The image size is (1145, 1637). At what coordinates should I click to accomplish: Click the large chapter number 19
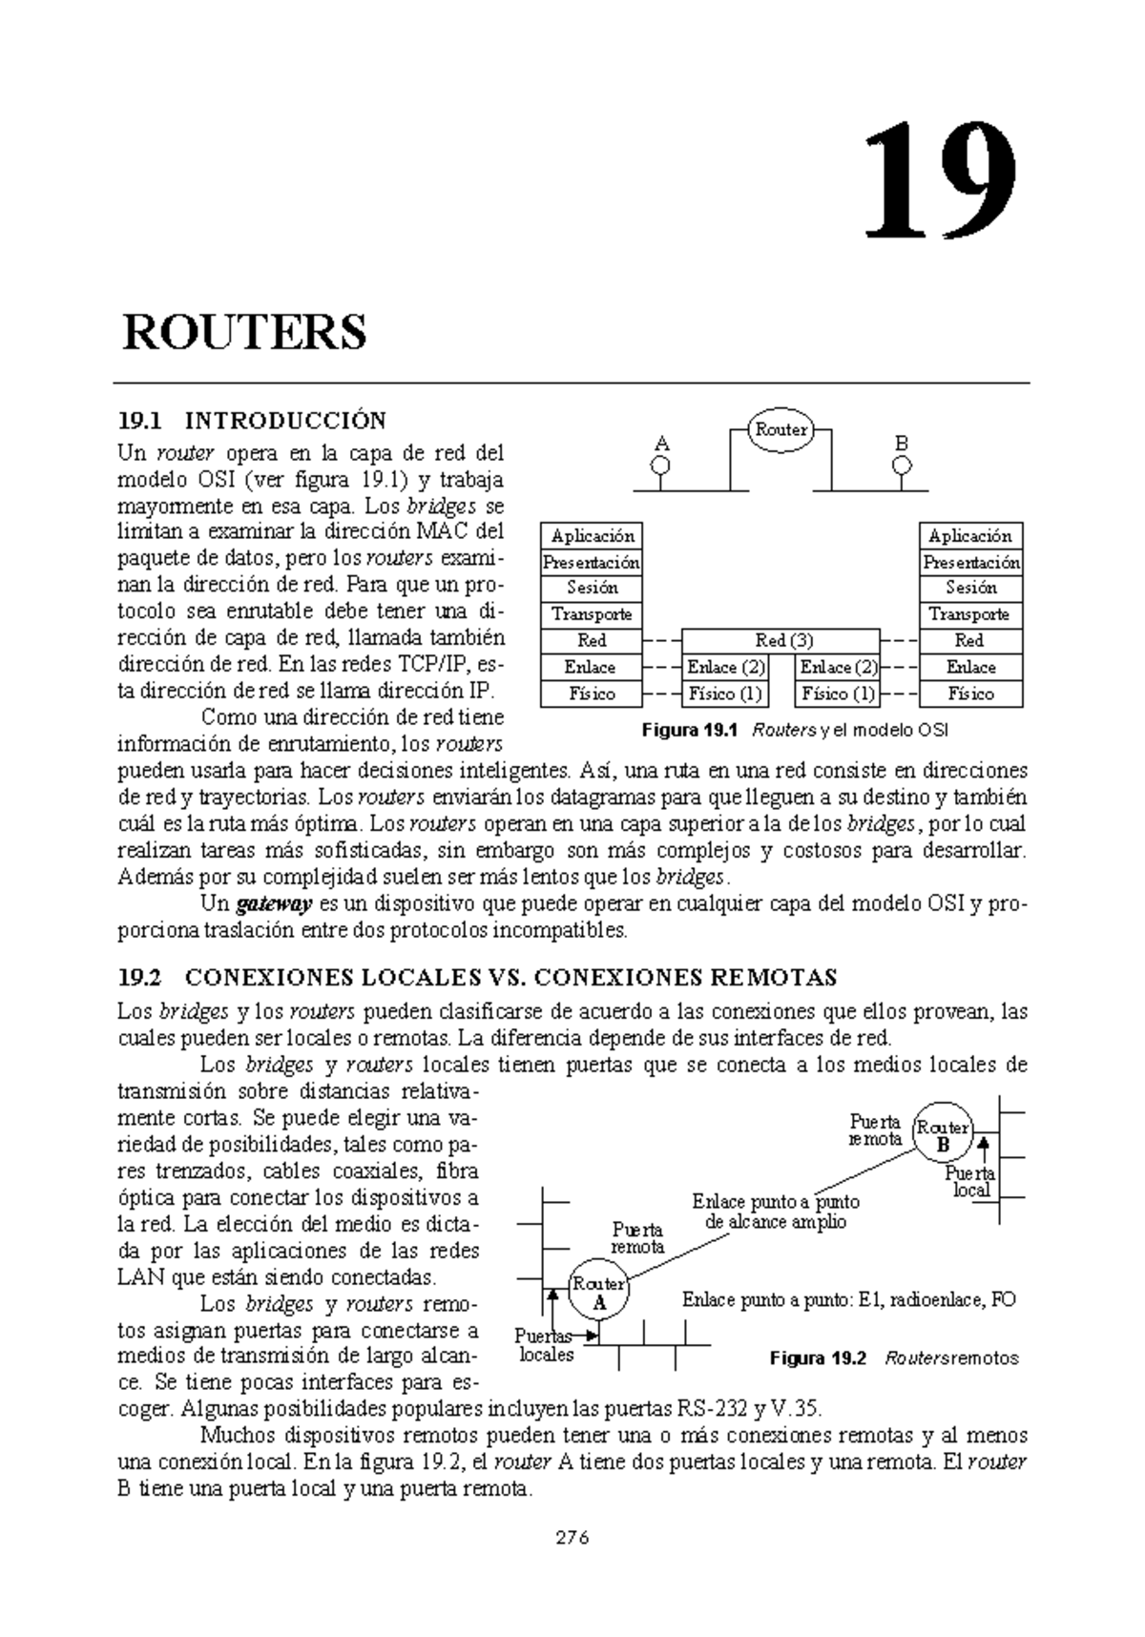(x=940, y=182)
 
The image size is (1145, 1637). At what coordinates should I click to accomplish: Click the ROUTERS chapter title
(x=244, y=333)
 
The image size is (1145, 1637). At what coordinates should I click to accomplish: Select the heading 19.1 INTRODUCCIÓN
(x=252, y=421)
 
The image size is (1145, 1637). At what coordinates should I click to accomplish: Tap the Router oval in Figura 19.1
(x=781, y=430)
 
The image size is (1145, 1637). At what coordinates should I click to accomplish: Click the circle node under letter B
(x=902, y=466)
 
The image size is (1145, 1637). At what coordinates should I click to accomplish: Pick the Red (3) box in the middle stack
(x=781, y=641)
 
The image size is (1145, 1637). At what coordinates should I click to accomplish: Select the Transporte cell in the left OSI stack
(x=592, y=614)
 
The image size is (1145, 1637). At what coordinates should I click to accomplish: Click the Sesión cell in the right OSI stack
(x=971, y=588)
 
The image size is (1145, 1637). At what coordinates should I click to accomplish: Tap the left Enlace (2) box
(x=725, y=668)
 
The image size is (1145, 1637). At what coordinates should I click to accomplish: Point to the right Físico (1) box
(x=838, y=694)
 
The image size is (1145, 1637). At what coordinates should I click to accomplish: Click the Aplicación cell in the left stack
(x=592, y=535)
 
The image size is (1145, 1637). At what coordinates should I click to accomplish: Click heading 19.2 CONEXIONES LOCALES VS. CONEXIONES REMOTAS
(x=477, y=978)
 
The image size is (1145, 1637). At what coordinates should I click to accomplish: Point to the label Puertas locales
(x=546, y=1345)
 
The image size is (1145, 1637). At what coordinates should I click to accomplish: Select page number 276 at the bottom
(x=572, y=1537)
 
